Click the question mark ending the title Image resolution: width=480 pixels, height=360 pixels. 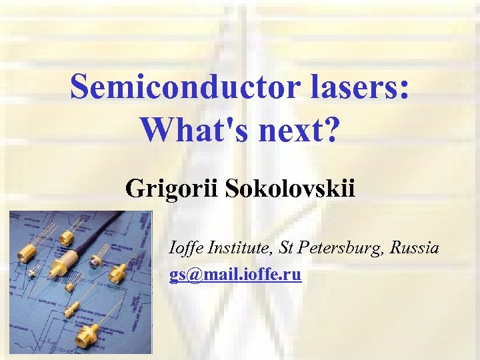click(x=332, y=129)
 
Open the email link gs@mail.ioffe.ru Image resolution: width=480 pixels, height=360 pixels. click(x=235, y=275)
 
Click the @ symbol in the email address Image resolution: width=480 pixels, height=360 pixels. click(x=189, y=275)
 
